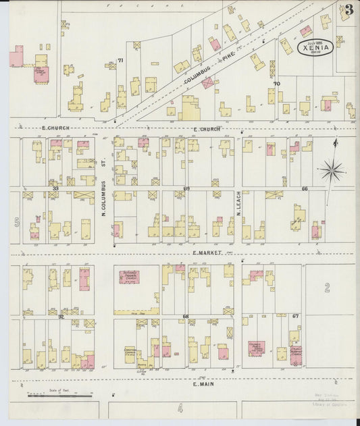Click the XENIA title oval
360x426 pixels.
pyautogui.click(x=315, y=48)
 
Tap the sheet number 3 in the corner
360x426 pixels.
pyautogui.click(x=348, y=10)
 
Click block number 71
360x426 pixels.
pyautogui.click(x=121, y=61)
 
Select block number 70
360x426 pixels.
pyautogui.click(x=276, y=84)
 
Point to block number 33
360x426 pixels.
pyautogui.click(x=56, y=188)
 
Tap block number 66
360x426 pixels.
pyautogui.click(x=305, y=188)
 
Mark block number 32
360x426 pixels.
pyautogui.click(x=61, y=316)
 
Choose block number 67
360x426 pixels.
pyautogui.click(x=296, y=316)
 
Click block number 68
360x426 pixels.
pyautogui.click(x=185, y=316)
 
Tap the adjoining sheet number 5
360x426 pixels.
pyautogui.click(x=16, y=221)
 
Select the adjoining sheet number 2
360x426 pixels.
pyautogui.click(x=327, y=289)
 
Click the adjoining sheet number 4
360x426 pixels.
pyautogui.click(x=180, y=408)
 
